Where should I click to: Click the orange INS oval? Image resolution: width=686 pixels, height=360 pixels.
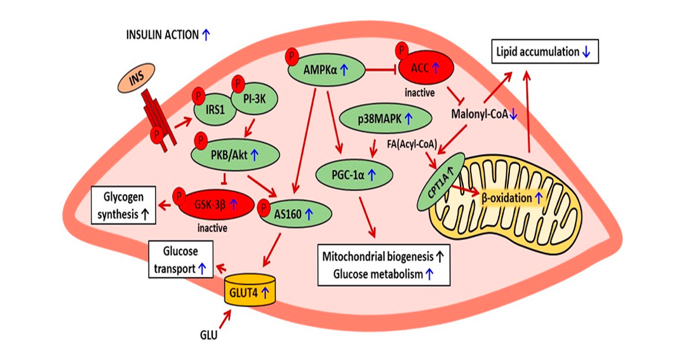(x=137, y=78)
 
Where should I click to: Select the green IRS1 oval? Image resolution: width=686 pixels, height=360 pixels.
(x=215, y=109)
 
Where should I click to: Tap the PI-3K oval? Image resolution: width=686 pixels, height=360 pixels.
(x=254, y=99)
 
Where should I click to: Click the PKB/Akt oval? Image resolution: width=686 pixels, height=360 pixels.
(x=236, y=155)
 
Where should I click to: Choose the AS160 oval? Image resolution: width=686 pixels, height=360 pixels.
(x=295, y=214)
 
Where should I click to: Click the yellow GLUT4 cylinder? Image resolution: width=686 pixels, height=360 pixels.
(x=250, y=290)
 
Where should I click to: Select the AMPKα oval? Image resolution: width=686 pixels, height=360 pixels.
(x=326, y=69)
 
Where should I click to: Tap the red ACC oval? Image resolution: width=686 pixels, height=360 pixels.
(x=424, y=67)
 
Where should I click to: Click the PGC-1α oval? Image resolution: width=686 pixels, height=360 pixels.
(x=354, y=175)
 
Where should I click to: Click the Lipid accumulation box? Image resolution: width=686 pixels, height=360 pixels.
(x=545, y=51)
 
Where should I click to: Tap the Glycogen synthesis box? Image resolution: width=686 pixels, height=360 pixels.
(x=123, y=205)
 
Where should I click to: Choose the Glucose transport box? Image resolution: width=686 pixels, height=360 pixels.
(x=180, y=259)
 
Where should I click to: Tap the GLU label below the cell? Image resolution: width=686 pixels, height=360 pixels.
(x=208, y=335)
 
